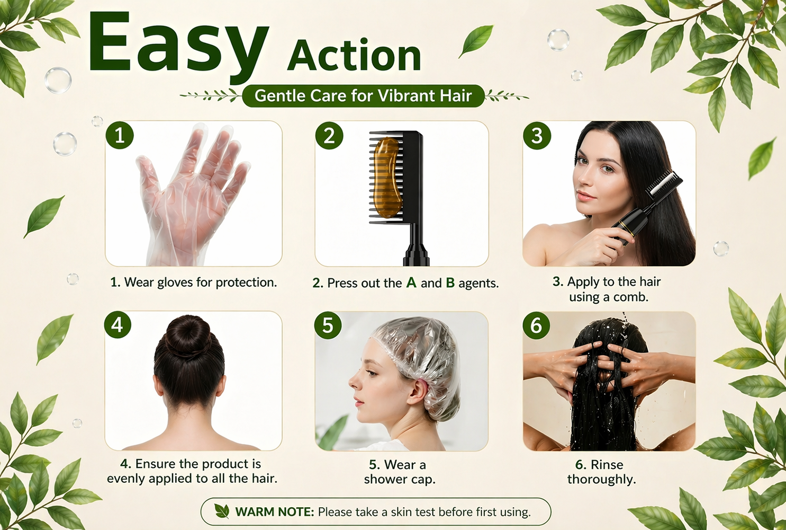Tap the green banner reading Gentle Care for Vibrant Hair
(363, 96)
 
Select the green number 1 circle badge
(120, 135)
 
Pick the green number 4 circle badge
(118, 325)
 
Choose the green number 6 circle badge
(536, 325)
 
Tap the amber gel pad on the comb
(386, 177)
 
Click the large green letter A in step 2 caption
(411, 282)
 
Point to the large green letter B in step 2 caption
(450, 282)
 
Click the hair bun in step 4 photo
(188, 336)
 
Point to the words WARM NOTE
(274, 512)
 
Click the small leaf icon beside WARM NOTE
(222, 511)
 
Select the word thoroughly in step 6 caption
(601, 480)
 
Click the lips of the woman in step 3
(583, 196)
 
